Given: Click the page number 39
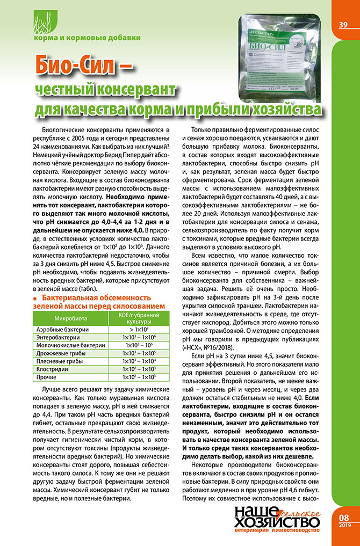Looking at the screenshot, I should pos(343,25).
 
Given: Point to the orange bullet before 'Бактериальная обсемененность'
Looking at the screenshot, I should pos(35,298).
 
